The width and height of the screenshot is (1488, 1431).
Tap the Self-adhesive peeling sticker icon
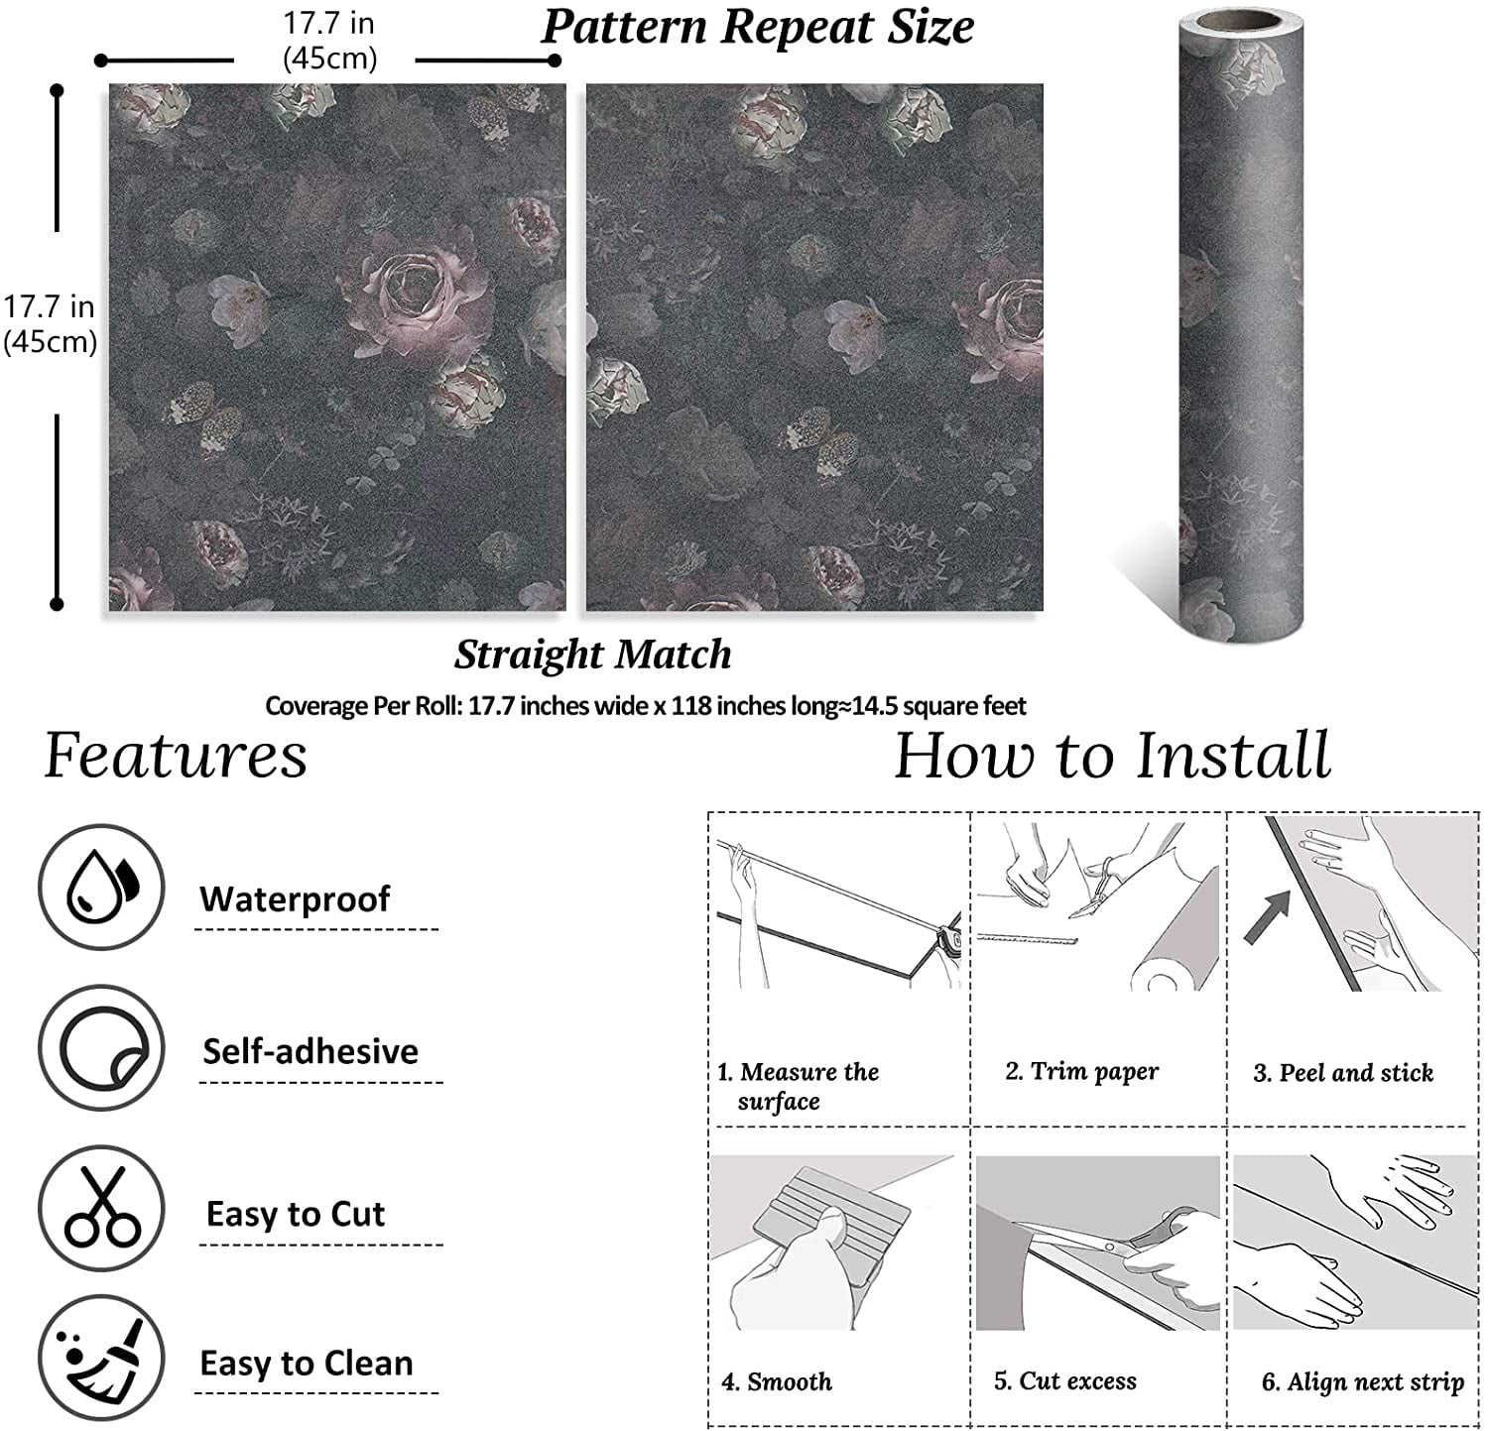[x=101, y=1048]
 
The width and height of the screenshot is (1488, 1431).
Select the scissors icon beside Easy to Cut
[x=101, y=1208]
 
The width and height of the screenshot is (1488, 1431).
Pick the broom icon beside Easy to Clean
[x=101, y=1358]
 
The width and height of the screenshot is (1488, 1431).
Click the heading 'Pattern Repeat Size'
[x=758, y=27]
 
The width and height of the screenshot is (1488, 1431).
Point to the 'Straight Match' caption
[x=593, y=654]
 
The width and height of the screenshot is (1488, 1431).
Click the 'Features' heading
[x=176, y=755]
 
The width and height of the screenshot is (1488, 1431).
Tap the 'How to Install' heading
[x=1112, y=755]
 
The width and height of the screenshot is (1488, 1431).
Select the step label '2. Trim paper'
[x=1081, y=1071]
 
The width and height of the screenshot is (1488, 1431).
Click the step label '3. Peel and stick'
[x=1343, y=1072]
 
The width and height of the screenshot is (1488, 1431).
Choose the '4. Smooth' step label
[x=777, y=1381]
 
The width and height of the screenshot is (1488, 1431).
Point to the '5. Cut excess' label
[x=1065, y=1380]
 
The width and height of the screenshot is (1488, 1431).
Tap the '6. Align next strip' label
[x=1363, y=1381]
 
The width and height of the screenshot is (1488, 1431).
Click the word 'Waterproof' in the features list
[x=295, y=898]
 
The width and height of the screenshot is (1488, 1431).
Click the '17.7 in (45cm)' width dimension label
[x=329, y=41]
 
